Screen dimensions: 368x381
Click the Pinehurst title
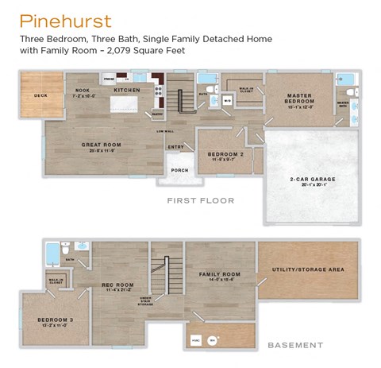(x=65, y=21)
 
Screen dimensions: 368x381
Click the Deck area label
(x=40, y=95)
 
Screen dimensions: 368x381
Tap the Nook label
(x=83, y=91)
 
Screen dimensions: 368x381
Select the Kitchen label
(x=127, y=90)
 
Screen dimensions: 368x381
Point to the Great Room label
(x=101, y=145)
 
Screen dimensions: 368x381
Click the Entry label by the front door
(x=175, y=146)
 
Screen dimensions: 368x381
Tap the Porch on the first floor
(x=179, y=169)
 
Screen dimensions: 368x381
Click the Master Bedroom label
(x=299, y=97)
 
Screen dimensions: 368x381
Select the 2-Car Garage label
(x=313, y=180)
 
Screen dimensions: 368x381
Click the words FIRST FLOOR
(x=200, y=200)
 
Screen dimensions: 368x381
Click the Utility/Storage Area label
(x=309, y=269)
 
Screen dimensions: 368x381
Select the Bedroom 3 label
(x=55, y=321)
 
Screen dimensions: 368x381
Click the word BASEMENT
(x=294, y=345)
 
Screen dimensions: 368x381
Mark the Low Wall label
(x=165, y=131)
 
